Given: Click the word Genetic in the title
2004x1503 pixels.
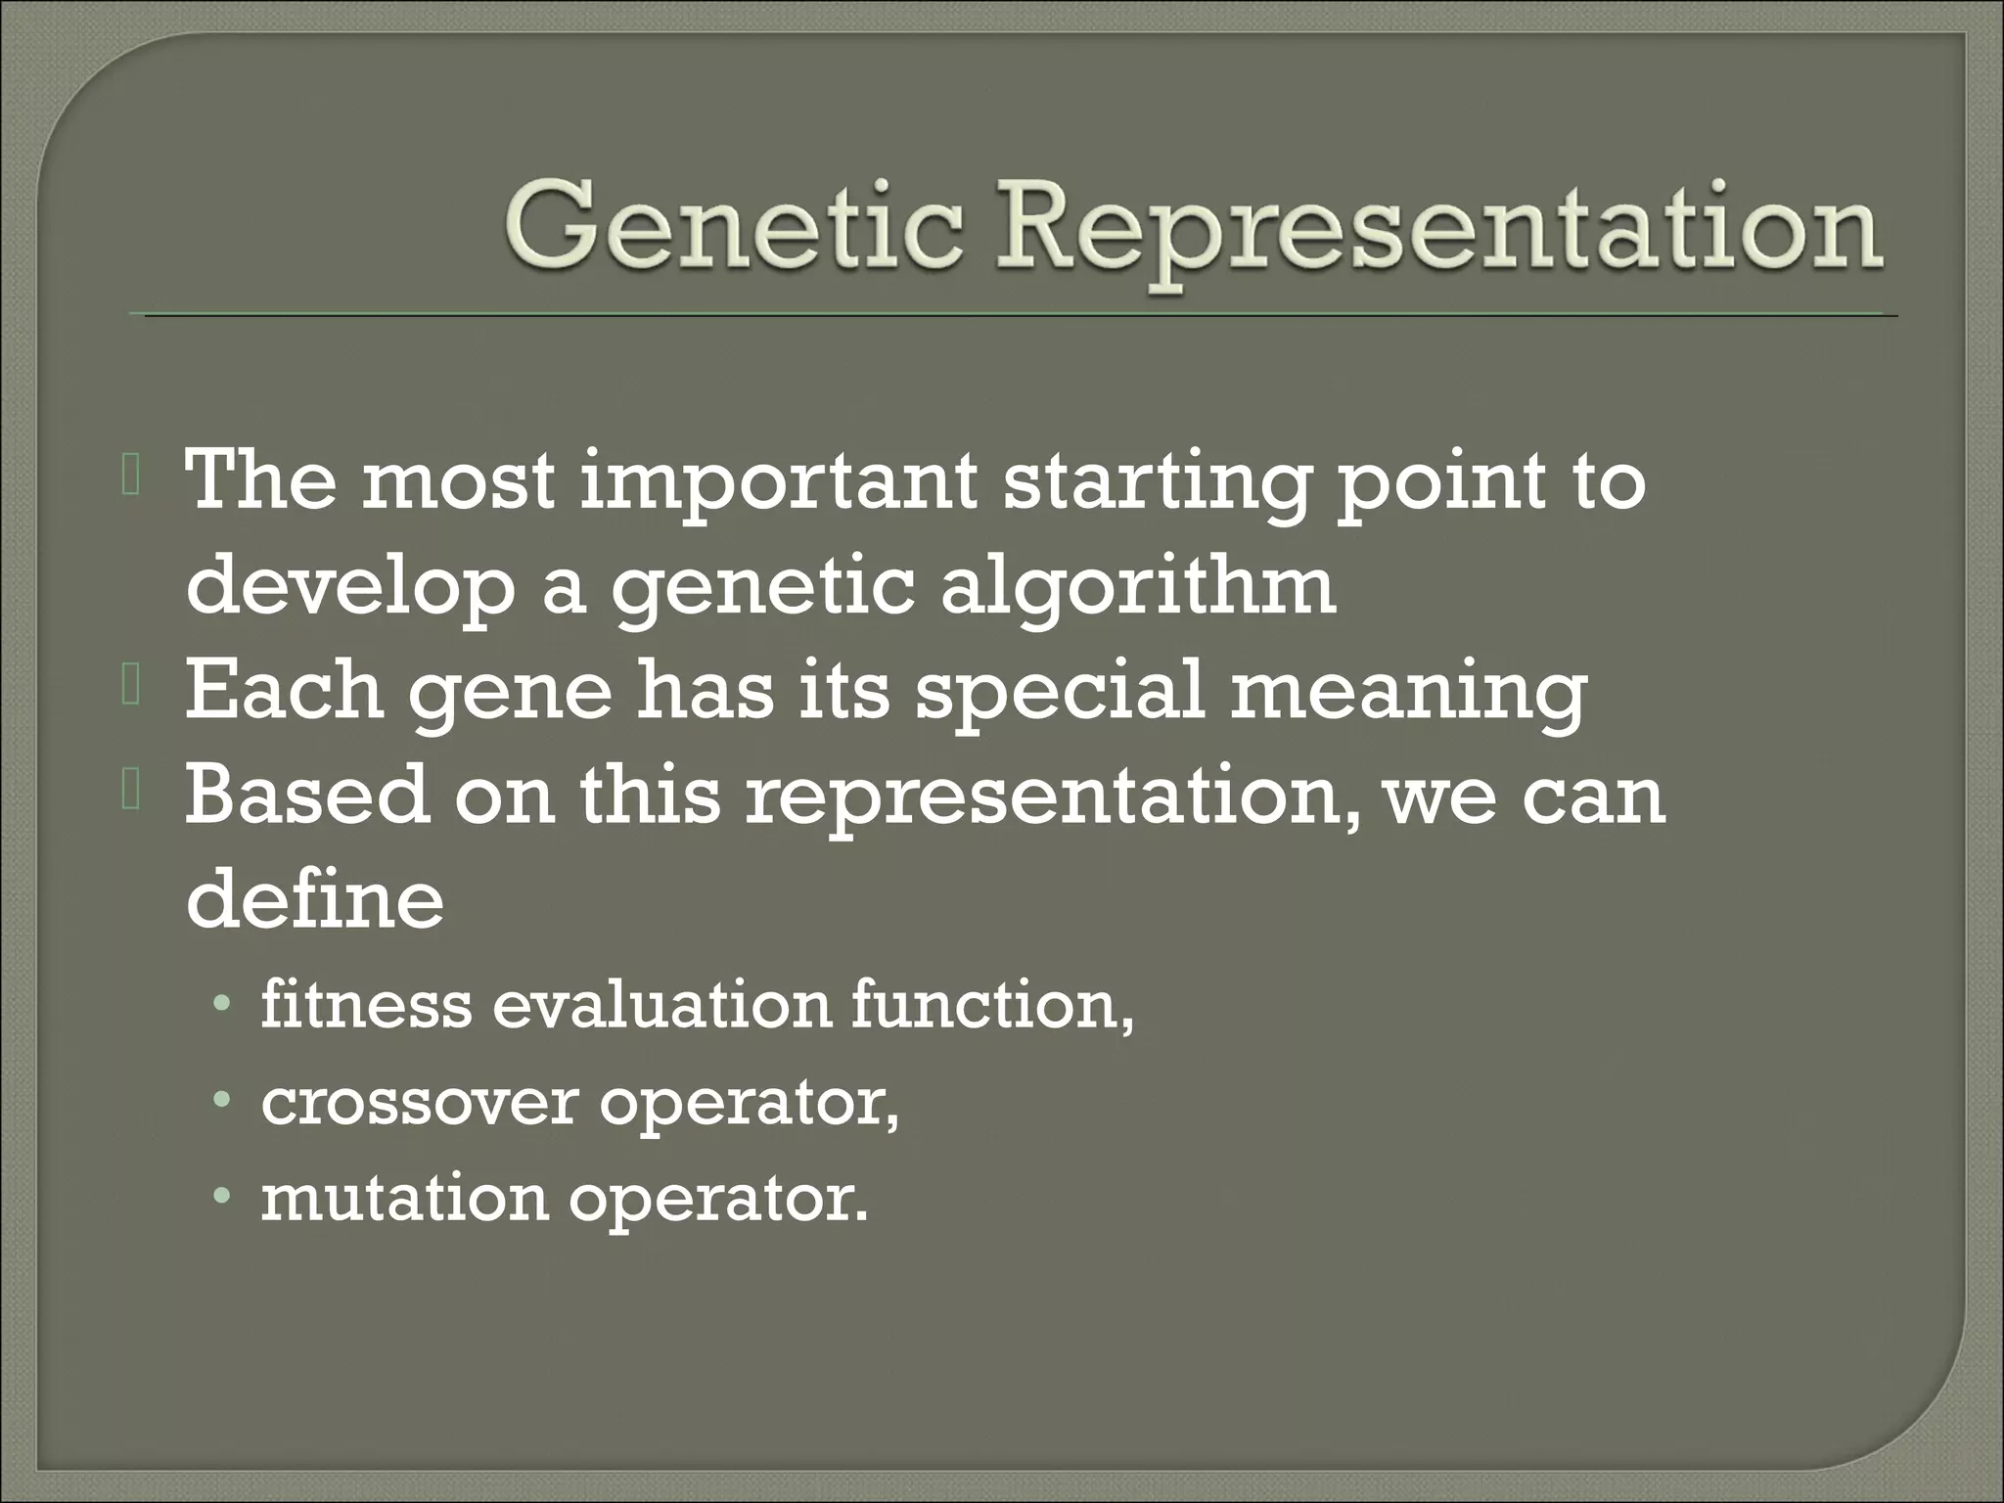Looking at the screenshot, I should point(730,227).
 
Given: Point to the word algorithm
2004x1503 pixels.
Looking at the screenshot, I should point(1138,591).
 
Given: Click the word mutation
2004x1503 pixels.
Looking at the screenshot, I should point(404,1198).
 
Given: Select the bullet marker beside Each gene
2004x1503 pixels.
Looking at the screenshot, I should point(132,689).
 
